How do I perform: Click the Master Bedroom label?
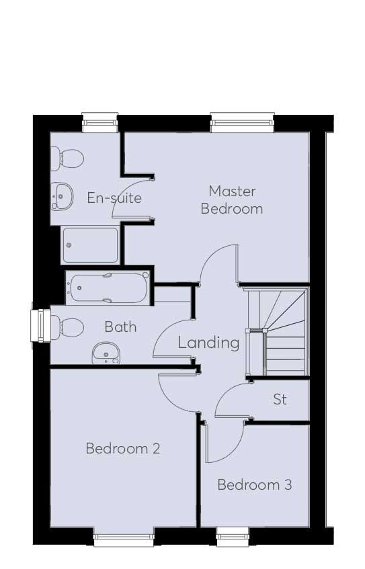point(232,200)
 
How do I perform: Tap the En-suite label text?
point(114,198)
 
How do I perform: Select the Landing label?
point(209,343)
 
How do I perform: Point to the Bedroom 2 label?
point(123,449)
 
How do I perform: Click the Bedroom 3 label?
point(255,485)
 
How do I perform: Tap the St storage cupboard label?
point(280,399)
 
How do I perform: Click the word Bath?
point(120,327)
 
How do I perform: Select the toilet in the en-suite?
point(67,159)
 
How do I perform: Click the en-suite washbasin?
point(62,196)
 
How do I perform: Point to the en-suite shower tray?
point(90,245)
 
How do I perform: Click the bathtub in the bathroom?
point(108,288)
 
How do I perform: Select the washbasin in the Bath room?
point(106,354)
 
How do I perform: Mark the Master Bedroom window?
point(242,123)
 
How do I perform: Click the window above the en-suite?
point(100,123)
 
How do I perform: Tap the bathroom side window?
point(40,326)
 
